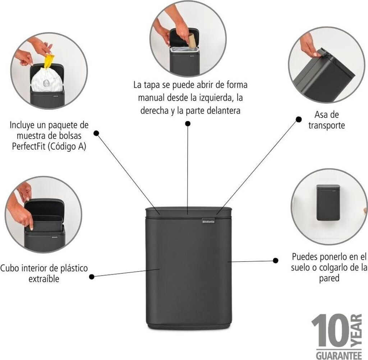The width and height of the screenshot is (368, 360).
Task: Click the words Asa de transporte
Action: tap(326, 120)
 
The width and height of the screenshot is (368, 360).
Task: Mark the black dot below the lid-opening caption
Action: tap(188, 123)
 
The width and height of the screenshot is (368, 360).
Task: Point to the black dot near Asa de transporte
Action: tap(298, 119)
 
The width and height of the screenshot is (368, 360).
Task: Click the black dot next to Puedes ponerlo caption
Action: tap(276, 261)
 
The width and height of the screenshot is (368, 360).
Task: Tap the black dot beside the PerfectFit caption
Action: tap(96, 133)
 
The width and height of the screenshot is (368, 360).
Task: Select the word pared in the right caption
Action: tap(329, 278)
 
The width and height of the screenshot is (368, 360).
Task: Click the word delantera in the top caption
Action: tap(221, 111)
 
